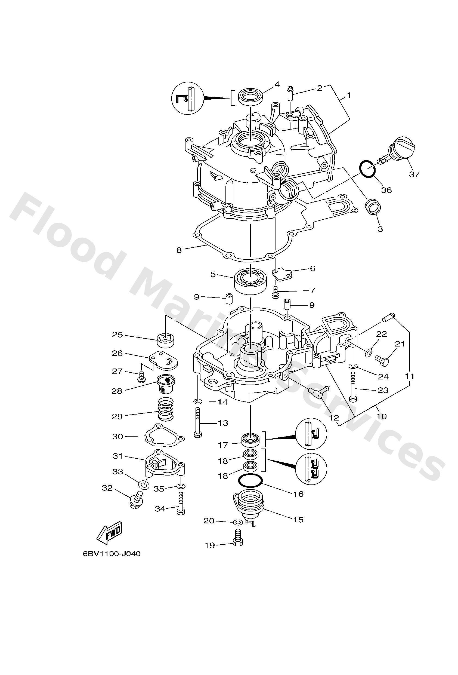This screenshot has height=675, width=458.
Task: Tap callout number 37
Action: click(414, 174)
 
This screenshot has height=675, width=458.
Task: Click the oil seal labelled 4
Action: click(250, 96)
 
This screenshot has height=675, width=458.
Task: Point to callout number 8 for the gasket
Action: click(179, 250)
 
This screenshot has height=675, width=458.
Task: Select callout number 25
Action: click(117, 335)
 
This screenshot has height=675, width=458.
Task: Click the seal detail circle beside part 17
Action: click(311, 434)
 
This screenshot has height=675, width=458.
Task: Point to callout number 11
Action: click(410, 376)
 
